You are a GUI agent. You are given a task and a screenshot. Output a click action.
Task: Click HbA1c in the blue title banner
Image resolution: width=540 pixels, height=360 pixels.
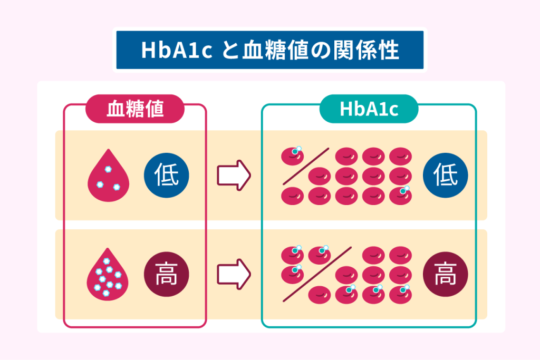[x=176, y=51]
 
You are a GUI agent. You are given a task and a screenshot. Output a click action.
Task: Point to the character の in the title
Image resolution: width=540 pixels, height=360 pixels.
[x=319, y=51]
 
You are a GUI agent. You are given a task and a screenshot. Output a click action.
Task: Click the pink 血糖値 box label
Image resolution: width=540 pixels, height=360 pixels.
[x=135, y=109]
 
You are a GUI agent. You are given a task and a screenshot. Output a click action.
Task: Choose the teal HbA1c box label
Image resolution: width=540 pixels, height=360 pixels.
[x=369, y=109]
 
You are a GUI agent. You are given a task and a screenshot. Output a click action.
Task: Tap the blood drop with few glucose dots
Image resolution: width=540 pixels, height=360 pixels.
[x=109, y=176]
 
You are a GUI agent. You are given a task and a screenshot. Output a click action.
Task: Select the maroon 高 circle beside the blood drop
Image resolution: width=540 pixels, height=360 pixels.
[x=166, y=274]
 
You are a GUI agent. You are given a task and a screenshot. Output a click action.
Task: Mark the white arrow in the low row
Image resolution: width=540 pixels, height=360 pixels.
[x=234, y=176]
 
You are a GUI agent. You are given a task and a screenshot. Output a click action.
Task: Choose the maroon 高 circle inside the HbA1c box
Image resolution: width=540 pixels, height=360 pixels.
[x=445, y=274]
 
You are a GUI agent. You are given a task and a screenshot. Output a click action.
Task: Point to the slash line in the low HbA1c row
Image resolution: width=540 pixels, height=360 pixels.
[x=306, y=166]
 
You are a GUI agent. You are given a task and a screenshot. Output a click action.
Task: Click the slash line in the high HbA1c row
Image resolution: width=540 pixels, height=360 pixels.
[x=317, y=274]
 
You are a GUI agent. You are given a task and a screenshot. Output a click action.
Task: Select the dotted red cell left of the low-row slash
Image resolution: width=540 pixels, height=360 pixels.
[x=292, y=155]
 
